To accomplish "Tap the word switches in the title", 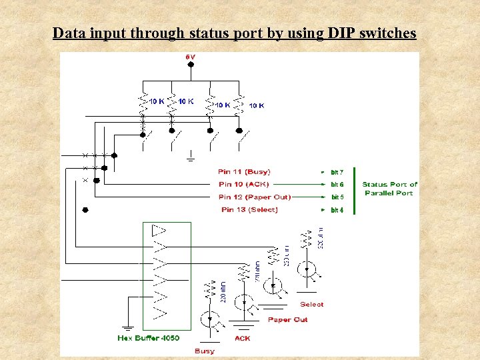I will pos(388,33).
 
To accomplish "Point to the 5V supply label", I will pos(191,57).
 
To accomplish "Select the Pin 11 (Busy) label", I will pos(244,172).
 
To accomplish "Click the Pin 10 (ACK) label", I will pos(244,184).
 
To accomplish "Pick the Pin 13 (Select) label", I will pos(249,209).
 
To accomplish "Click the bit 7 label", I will pos(337,172).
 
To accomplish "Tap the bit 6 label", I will pos(337,184).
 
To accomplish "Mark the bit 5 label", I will pos(337,197).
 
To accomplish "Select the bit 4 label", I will pos(337,210).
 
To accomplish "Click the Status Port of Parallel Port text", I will pos(389,189).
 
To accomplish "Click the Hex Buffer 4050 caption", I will pos(148,338).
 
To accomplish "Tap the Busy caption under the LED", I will pos(205,351).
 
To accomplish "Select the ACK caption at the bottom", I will pos(243,338).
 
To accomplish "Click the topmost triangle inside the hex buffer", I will pos(159,231).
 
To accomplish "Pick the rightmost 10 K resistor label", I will pos(257,105).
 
